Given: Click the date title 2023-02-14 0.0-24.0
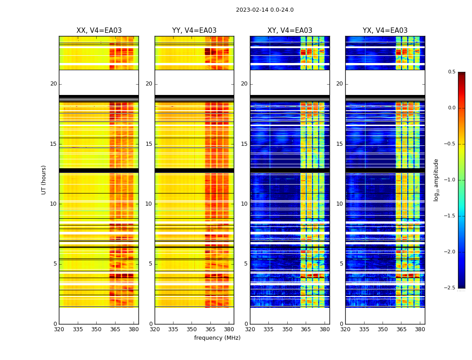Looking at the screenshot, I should [265, 10].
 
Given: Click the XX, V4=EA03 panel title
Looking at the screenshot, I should [99, 31].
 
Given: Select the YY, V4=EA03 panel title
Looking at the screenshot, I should [194, 31].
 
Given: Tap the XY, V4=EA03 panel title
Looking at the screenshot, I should [290, 31].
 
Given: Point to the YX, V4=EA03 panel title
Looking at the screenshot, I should [385, 31].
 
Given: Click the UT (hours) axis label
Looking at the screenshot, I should [44, 180].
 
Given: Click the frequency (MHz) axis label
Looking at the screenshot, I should [217, 338].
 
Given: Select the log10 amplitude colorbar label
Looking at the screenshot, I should [436, 180].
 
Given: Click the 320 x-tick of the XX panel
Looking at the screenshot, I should [59, 329].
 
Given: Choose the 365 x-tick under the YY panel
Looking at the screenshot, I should [210, 329].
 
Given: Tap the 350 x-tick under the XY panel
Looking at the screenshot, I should [287, 329].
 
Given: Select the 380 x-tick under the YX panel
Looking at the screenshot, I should [420, 329].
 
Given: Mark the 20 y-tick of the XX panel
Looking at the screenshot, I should [53, 84].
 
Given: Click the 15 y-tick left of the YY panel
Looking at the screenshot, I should [149, 144].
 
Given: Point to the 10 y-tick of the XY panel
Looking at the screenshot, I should [244, 204].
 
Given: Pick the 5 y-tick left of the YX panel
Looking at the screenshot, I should [341, 264].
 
